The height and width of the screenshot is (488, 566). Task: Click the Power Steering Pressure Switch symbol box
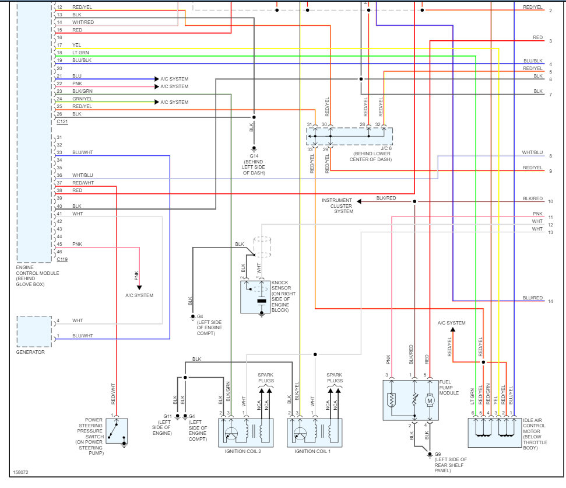coord(116,433)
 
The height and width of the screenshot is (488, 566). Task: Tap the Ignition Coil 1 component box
coord(314,433)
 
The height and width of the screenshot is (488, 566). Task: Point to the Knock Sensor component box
coord(256,297)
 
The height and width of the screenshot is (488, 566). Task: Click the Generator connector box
coord(34,331)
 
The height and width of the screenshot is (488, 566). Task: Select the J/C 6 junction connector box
coord(350,136)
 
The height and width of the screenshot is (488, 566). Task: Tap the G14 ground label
coord(254,156)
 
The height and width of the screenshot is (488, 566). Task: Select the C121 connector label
coord(62,121)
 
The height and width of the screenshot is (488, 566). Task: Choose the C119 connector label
coord(62,257)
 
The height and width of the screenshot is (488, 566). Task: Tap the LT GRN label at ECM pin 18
coord(80,53)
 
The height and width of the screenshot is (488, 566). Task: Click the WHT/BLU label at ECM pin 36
coord(82,175)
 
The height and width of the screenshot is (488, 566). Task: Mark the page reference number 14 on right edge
coord(550,301)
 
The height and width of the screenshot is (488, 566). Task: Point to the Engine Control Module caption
coord(32,276)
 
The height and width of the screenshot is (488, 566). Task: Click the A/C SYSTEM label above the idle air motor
coord(452,323)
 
